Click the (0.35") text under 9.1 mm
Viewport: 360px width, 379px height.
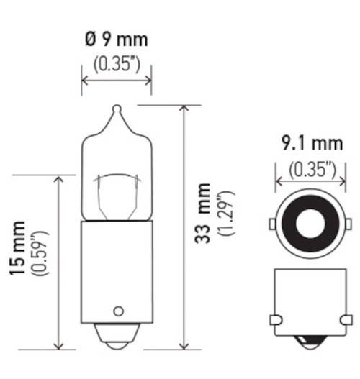click(x=312, y=170)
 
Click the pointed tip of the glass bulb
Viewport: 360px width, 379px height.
click(x=116, y=109)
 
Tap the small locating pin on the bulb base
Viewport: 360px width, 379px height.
click(x=116, y=311)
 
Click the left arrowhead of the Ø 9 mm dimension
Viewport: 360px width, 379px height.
click(x=84, y=81)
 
